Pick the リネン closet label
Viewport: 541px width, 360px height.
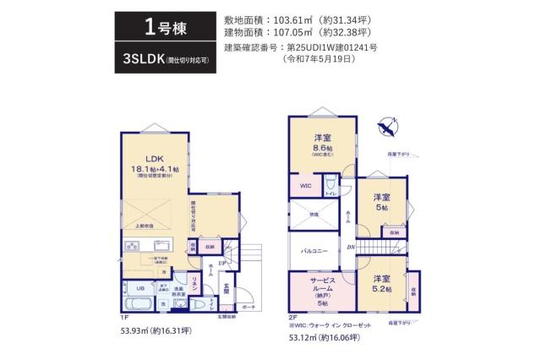click(194, 283)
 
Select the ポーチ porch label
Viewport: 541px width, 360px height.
click(246, 307)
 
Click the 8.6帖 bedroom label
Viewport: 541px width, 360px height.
click(321, 145)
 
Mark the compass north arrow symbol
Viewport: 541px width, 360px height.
click(387, 128)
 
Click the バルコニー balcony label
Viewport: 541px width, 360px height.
click(314, 252)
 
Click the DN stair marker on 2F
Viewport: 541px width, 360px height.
click(350, 246)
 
